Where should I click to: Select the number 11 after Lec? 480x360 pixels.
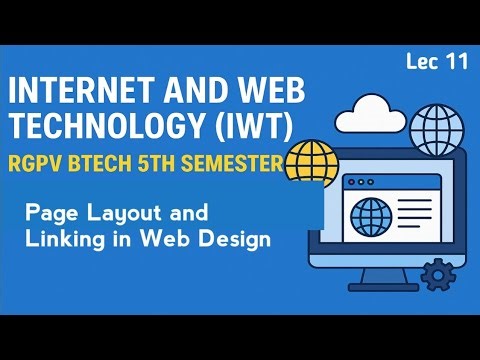coord(457,62)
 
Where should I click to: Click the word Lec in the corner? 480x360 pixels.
coord(423,62)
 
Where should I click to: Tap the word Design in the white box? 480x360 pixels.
coord(236,240)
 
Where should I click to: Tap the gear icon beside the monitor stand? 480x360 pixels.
coord(436,273)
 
